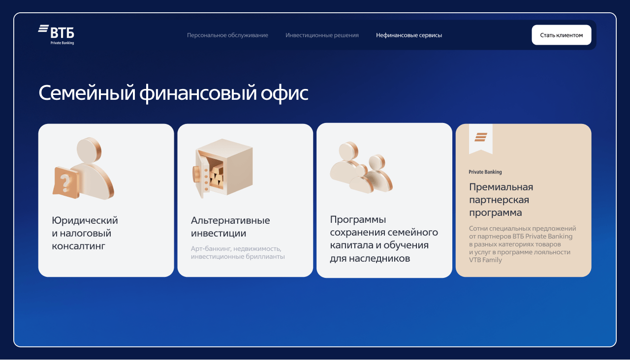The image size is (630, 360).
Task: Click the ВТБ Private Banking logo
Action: coord(56,34)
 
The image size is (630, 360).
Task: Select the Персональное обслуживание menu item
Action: coord(227,35)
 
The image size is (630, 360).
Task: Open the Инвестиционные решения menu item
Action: coord(322,35)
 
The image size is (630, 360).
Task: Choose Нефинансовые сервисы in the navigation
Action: coord(409,35)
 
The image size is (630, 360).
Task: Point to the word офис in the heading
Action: coord(284,93)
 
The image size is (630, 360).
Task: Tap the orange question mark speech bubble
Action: coord(66,182)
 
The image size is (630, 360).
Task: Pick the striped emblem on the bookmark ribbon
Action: coord(481,137)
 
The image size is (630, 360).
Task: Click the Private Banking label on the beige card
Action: coord(485,172)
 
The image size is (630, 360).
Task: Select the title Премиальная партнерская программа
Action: coord(501,200)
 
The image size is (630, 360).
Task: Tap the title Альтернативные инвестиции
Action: coord(230,227)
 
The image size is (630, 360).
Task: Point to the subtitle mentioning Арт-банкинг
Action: coord(238,253)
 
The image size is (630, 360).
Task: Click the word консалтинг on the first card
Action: coord(78,246)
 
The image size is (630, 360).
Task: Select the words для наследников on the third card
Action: coord(370,258)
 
